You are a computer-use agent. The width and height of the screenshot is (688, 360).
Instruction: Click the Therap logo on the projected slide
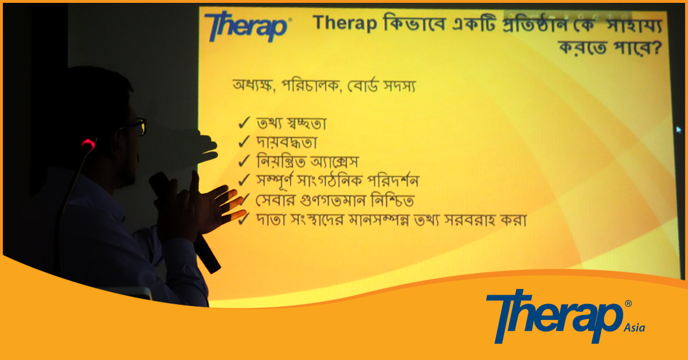pos(248,26)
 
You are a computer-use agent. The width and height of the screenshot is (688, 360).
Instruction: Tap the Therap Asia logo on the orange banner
pos(565,316)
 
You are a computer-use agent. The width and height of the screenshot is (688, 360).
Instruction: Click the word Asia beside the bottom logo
pos(634,328)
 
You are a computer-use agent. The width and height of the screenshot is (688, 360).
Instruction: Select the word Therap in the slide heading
pos(345,23)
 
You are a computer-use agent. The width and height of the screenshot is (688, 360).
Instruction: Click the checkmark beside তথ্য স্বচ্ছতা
pos(244,123)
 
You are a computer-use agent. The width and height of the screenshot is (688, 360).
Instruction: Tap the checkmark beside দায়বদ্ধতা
pos(244,142)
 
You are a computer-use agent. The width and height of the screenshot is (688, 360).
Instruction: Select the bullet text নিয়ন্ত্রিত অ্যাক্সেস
pos(307,161)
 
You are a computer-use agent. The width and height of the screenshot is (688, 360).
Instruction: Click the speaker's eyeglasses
pos(137,126)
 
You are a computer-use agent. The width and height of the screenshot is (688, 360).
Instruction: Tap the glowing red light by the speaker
pos(88,143)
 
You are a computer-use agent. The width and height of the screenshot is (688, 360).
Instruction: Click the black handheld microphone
pos(185,222)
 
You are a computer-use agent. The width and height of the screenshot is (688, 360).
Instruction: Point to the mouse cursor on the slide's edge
pos(679,130)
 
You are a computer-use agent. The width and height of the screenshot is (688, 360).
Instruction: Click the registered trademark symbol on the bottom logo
pos(628,303)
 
